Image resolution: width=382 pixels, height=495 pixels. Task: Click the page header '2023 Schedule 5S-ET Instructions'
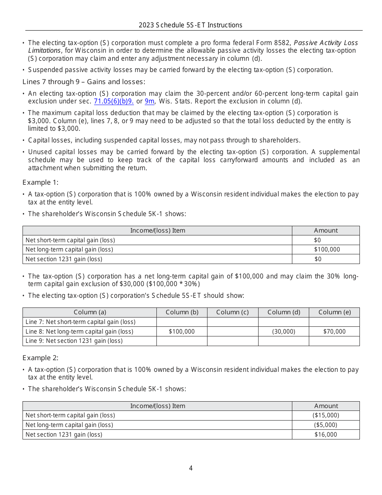pyautogui.click(x=191, y=25)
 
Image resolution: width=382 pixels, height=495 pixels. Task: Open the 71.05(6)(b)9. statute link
pyautogui.click(x=114, y=101)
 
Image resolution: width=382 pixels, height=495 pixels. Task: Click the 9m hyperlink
pyautogui.click(x=149, y=101)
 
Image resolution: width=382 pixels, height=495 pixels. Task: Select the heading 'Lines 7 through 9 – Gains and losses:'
pyautogui.click(x=84, y=82)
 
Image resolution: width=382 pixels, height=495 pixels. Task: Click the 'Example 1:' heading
pyautogui.click(x=40, y=182)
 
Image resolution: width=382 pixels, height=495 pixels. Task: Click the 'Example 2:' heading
pyautogui.click(x=40, y=358)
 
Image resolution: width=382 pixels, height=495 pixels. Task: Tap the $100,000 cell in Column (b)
pyautogui.click(x=182, y=332)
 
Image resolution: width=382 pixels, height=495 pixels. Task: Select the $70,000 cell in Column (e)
pyautogui.click(x=334, y=332)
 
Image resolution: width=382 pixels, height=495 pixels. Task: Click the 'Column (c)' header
pyautogui.click(x=232, y=312)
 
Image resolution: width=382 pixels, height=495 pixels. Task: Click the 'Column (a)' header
pyautogui.click(x=90, y=312)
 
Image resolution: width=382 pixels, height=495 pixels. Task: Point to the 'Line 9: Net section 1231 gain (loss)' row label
pyautogui.click(x=74, y=341)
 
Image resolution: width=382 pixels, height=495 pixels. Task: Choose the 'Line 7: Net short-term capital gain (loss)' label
pyautogui.click(x=80, y=322)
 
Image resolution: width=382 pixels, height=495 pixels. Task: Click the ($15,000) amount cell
pyautogui.click(x=326, y=415)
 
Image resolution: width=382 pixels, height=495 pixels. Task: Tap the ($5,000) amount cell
pyautogui.click(x=326, y=425)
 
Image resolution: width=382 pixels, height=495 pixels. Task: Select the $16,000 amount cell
pyautogui.click(x=326, y=435)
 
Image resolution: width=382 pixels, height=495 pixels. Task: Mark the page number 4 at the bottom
pyautogui.click(x=191, y=468)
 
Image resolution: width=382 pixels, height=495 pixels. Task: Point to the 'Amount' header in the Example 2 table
pyautogui.click(x=326, y=406)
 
